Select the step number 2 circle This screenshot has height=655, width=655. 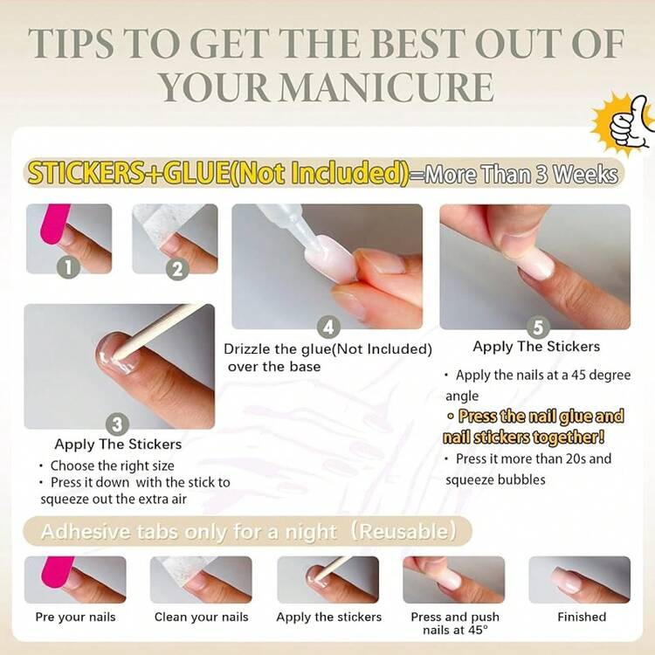click(177, 269)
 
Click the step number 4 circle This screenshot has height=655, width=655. click(328, 328)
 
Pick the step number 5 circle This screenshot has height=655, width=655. click(537, 328)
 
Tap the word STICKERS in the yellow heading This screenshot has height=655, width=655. click(85, 173)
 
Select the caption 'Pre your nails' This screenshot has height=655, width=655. click(75, 617)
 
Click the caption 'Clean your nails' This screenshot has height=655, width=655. click(202, 617)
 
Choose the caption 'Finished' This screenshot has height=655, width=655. click(582, 617)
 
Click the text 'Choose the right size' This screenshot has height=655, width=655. click(112, 465)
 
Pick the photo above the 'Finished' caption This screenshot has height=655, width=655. click(579, 579)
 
